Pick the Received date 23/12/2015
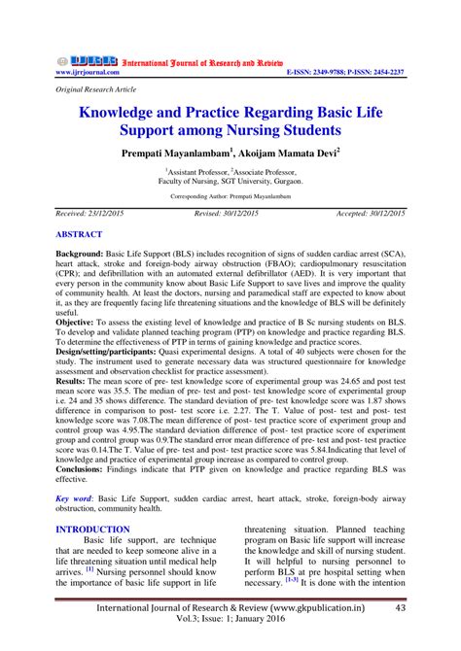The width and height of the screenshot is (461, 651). tap(101, 213)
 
